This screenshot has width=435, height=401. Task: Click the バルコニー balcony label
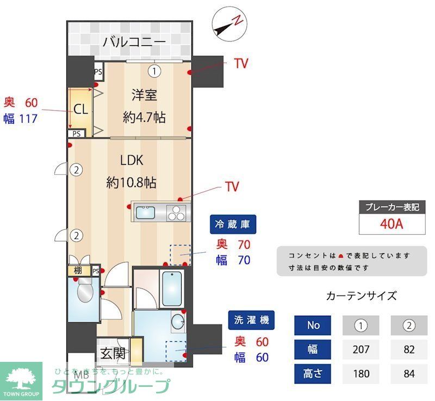(134, 41)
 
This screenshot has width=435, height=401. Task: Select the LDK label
(132, 160)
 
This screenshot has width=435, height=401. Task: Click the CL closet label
(80, 109)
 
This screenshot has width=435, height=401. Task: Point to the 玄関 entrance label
(113, 353)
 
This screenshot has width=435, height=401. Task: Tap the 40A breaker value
(391, 223)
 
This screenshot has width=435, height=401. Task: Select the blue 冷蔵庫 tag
(234, 224)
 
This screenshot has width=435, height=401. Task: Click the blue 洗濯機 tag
(252, 320)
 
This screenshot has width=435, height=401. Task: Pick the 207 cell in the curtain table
(361, 349)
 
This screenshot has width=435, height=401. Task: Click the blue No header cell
(313, 325)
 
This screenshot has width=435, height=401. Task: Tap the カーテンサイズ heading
(361, 296)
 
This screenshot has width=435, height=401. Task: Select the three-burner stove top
(177, 212)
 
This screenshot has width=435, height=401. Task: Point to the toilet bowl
(85, 293)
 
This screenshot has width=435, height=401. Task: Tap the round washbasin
(178, 322)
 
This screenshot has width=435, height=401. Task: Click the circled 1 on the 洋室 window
(155, 71)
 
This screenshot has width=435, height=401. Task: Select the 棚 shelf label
(78, 271)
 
